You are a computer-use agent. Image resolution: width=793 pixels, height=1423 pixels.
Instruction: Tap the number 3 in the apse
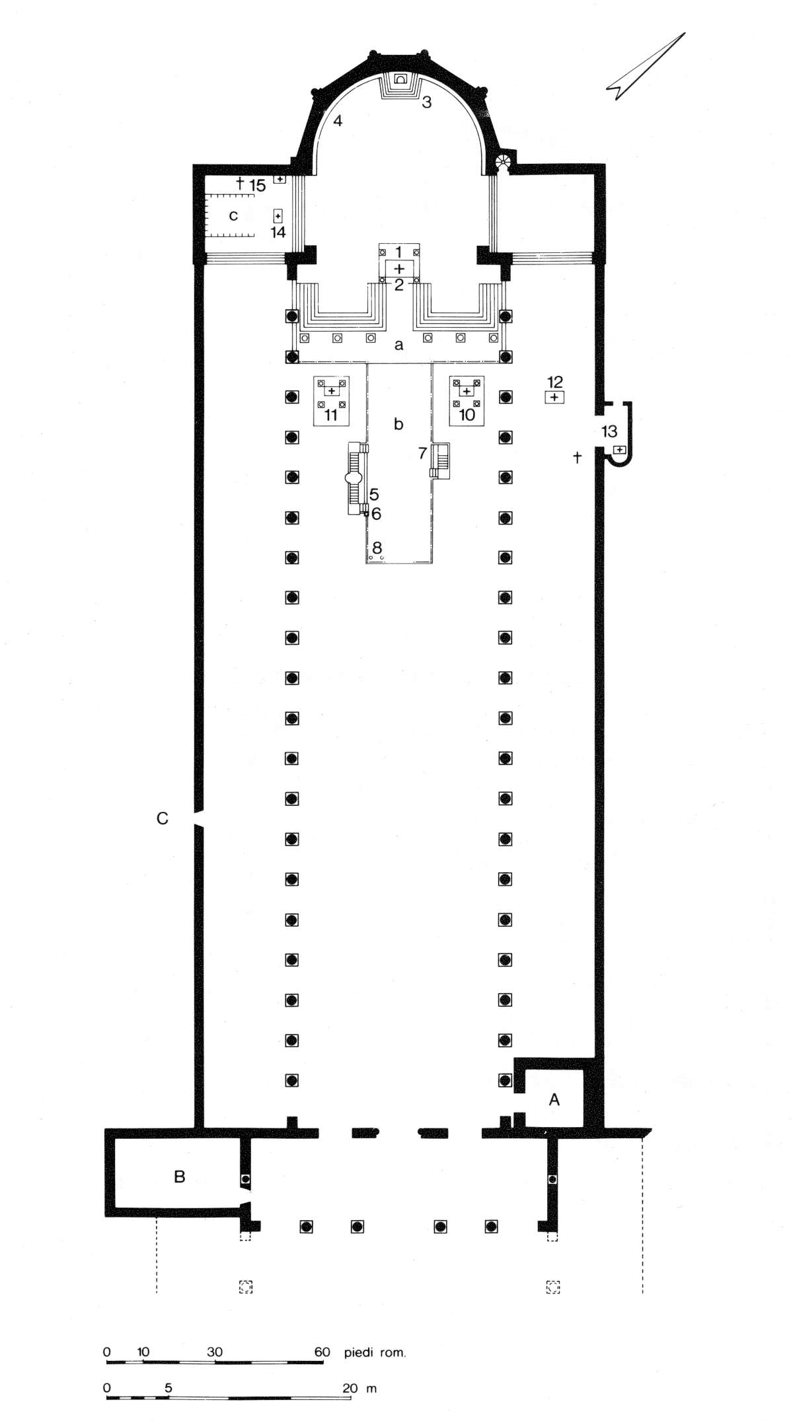click(427, 102)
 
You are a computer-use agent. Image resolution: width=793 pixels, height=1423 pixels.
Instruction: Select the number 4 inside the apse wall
click(338, 121)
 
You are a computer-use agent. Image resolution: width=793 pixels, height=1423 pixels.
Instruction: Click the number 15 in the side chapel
click(257, 186)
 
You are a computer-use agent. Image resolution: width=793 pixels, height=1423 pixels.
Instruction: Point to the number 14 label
click(278, 232)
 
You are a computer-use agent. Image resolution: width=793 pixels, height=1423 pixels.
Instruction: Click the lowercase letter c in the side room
click(233, 215)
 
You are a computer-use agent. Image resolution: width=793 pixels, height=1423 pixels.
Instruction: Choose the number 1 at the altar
click(398, 252)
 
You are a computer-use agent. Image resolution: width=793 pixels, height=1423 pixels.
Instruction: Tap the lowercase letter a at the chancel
click(398, 345)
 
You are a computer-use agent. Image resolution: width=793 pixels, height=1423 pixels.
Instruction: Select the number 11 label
click(331, 415)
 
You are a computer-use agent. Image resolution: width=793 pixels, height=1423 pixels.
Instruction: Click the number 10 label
click(467, 415)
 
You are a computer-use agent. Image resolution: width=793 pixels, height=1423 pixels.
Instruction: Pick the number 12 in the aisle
click(555, 381)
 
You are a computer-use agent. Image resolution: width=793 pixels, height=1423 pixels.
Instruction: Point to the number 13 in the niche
click(609, 431)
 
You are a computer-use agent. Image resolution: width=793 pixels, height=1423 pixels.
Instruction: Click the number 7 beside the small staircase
click(422, 453)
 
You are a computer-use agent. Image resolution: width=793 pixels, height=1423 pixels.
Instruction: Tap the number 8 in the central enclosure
click(377, 548)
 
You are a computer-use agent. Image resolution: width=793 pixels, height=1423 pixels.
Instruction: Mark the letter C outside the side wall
click(163, 819)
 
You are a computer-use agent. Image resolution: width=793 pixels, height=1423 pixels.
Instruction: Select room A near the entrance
click(554, 1099)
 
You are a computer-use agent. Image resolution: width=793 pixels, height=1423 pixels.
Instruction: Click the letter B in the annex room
click(179, 1176)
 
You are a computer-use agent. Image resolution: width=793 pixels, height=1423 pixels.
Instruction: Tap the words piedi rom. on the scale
click(375, 1352)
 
